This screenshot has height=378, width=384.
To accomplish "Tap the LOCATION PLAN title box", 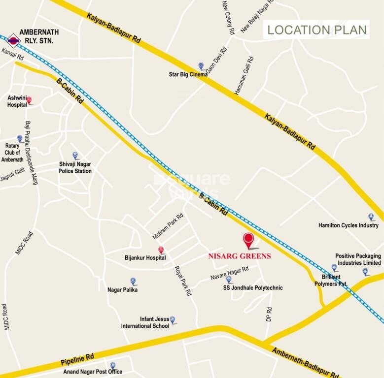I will point(317,30).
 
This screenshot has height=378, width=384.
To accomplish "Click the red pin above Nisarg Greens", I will point(249,241).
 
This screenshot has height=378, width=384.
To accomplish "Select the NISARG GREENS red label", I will point(239,256).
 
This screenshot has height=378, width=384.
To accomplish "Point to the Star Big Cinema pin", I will point(201,66).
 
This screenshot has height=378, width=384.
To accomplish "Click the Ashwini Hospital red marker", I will point(29,100).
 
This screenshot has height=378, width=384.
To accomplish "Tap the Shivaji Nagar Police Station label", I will point(75,167).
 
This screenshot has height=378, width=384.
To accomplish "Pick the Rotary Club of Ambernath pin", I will point(20,139).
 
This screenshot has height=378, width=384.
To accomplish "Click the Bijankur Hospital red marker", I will point(161,250).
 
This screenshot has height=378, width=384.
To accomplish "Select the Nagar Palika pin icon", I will point(133,282).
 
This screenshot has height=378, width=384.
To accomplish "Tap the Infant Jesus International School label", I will point(145,322).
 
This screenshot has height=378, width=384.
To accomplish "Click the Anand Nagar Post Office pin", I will point(113,365).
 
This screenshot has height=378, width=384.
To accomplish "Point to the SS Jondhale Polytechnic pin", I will point(229,280).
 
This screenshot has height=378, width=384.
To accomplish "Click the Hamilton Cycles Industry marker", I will point(371,217).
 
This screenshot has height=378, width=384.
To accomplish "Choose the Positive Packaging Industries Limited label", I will point(358,259).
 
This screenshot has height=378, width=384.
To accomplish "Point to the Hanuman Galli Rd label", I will point(245,75).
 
